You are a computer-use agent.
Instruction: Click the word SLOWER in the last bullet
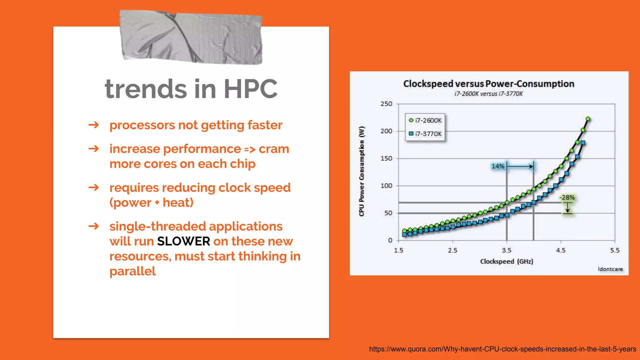coord(183,241)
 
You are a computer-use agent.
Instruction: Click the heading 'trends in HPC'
coord(191,89)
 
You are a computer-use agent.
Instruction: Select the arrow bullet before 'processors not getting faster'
coord(94,125)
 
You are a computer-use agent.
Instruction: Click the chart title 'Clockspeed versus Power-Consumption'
coord(488,84)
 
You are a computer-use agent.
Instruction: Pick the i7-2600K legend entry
coord(425,120)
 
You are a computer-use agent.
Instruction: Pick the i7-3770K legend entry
coord(425,134)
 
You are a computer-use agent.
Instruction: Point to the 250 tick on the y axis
coord(386,104)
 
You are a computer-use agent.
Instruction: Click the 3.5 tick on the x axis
coord(507,250)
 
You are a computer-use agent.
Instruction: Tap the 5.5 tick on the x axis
coord(615,250)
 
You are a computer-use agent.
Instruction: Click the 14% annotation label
coord(497,166)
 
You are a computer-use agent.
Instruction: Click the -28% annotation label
coord(567,197)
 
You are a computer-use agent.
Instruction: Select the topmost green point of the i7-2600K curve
coord(588,119)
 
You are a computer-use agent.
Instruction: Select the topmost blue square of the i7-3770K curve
coord(583,143)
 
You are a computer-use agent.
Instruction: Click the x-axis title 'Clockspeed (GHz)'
coord(507,261)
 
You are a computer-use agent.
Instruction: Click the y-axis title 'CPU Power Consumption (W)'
coord(362,171)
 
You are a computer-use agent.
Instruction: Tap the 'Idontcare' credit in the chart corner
coord(610,269)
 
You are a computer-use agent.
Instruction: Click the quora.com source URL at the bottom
coord(502,349)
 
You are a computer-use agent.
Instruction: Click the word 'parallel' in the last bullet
coord(132,271)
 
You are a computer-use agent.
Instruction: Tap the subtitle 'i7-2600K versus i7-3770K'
coord(488,94)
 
